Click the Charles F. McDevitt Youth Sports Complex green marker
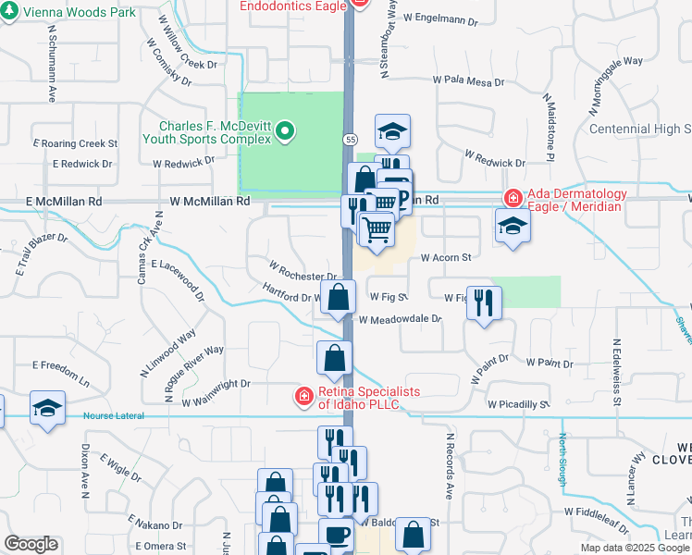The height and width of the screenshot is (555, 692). pyautogui.click(x=286, y=131)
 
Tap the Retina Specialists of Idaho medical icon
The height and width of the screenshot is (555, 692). pyautogui.click(x=303, y=397)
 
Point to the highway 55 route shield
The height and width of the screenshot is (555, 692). pyautogui.click(x=348, y=139)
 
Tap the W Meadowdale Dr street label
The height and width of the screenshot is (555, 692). pyautogui.click(x=400, y=319)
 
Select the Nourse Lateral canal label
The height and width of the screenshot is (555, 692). pyautogui.click(x=114, y=416)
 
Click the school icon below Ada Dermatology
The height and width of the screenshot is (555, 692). pyautogui.click(x=511, y=225)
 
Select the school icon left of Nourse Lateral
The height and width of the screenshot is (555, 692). pyautogui.click(x=46, y=407)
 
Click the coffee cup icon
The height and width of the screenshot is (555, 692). pyautogui.click(x=336, y=535)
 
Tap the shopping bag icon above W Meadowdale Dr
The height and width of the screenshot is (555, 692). pyautogui.click(x=340, y=297)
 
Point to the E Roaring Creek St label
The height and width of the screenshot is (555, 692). pyautogui.click(x=75, y=143)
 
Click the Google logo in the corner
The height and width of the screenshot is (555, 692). pyautogui.click(x=31, y=544)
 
